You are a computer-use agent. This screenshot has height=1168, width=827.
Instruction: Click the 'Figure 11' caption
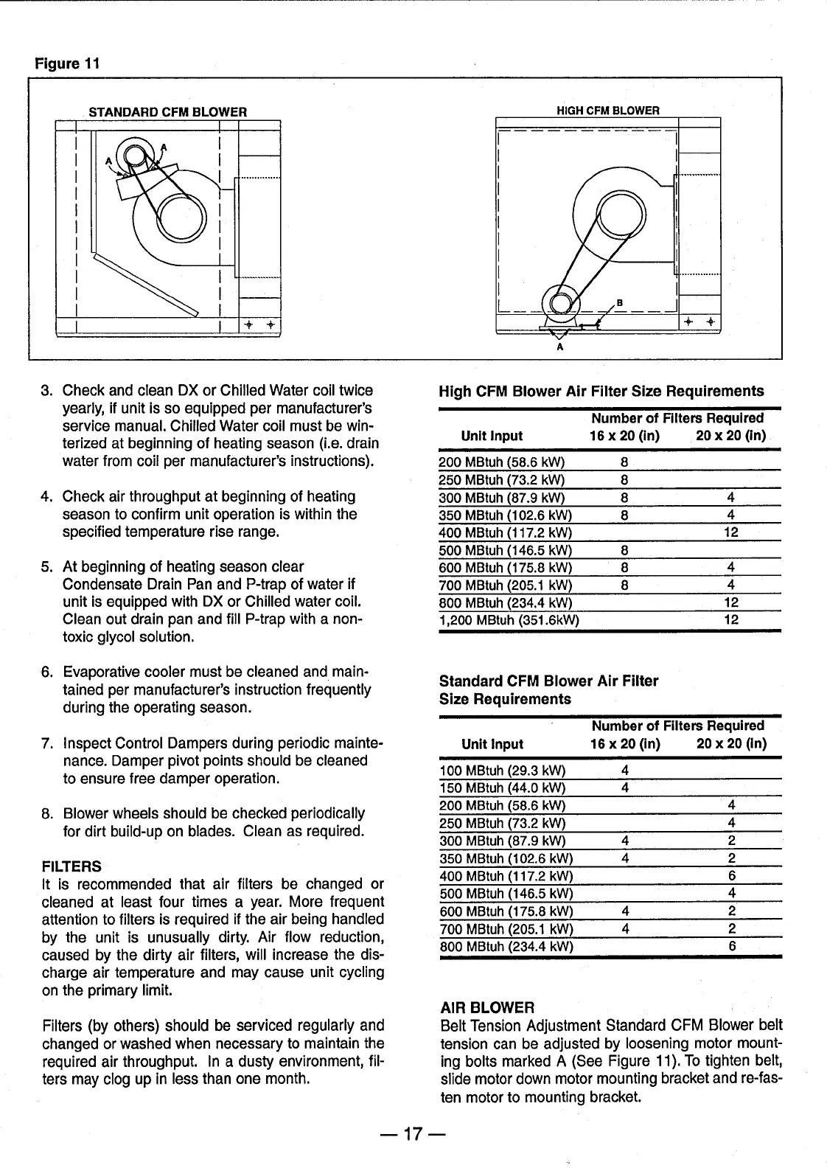tap(67, 63)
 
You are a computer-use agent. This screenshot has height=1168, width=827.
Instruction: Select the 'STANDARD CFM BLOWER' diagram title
tap(167, 112)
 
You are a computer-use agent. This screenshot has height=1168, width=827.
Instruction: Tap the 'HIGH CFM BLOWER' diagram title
tap(607, 111)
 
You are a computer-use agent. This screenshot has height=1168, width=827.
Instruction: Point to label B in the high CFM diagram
tap(619, 302)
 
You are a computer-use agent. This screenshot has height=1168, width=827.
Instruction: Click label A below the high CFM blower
tap(560, 347)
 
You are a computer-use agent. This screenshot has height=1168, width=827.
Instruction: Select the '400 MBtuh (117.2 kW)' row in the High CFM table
tap(505, 532)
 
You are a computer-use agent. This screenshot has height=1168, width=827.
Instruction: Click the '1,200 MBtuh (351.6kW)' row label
tap(509, 620)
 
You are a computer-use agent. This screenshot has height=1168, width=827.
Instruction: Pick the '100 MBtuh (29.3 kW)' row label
tap(501, 771)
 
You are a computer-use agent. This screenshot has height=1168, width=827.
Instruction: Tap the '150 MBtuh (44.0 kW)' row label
tap(501, 788)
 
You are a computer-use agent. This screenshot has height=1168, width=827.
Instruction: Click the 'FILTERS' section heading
tap(71, 866)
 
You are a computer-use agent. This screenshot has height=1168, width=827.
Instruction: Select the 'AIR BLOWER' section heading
tap(486, 1007)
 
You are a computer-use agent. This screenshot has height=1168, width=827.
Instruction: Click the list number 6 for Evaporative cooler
tap(46, 672)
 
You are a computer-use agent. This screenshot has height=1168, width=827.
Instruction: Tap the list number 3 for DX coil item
tap(46, 390)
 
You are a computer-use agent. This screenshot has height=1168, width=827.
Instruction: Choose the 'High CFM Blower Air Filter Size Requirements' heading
tap(601, 391)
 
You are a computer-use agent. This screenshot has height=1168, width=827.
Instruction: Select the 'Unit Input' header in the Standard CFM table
tap(492, 744)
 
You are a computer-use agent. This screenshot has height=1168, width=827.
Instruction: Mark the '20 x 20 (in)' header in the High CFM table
tap(730, 436)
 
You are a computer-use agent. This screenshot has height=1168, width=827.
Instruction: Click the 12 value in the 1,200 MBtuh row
tap(731, 620)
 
